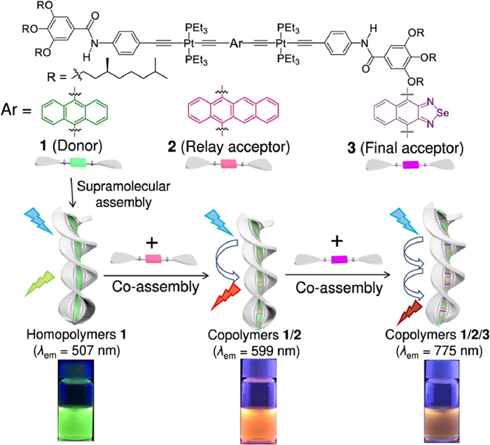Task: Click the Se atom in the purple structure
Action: [442, 113]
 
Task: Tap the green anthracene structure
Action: [75, 112]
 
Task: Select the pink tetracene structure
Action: [233, 111]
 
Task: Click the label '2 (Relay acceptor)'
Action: [228, 147]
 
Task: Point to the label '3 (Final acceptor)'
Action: [405, 148]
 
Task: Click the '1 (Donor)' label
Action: [72, 146]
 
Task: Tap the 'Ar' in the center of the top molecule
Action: [236, 43]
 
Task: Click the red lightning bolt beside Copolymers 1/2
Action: [225, 297]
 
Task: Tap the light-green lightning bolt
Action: [40, 283]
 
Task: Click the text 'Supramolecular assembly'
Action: [123, 195]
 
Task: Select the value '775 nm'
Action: [457, 351]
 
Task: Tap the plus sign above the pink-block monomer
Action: [152, 243]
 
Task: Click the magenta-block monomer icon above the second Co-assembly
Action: [339, 259]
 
